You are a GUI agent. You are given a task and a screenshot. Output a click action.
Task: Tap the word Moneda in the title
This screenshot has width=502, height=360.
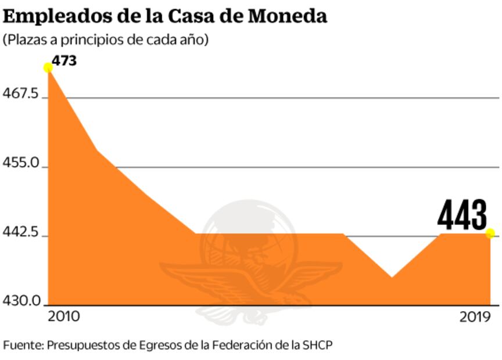click(x=288, y=16)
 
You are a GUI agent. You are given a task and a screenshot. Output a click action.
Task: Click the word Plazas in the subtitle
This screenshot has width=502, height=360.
click(x=26, y=40)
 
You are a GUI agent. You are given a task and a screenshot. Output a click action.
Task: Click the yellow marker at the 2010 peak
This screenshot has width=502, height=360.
click(x=48, y=67)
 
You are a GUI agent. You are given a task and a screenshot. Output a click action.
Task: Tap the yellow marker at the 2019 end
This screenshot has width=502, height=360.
click(x=490, y=233)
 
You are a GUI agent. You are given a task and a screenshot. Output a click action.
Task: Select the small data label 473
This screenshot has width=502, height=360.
click(x=64, y=60)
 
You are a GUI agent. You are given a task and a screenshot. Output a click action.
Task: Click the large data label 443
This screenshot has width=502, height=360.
click(x=462, y=215)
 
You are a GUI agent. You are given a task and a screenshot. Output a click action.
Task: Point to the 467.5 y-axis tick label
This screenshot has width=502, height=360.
click(x=21, y=94)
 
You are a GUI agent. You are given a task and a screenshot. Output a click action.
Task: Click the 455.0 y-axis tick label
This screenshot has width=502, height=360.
click(x=21, y=164)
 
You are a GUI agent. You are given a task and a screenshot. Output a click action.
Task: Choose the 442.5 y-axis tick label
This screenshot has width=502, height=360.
click(x=21, y=233)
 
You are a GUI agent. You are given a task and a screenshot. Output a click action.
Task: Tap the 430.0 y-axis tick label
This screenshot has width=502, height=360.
click(x=21, y=301)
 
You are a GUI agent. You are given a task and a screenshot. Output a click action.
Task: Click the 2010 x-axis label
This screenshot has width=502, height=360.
click(x=64, y=316)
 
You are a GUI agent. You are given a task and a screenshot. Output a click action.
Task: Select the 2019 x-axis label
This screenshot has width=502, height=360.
click(x=476, y=316)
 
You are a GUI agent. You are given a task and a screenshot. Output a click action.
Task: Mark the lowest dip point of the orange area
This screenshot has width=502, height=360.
click(x=392, y=278)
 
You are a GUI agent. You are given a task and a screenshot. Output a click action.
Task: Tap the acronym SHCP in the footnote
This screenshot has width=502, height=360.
click(x=318, y=344)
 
